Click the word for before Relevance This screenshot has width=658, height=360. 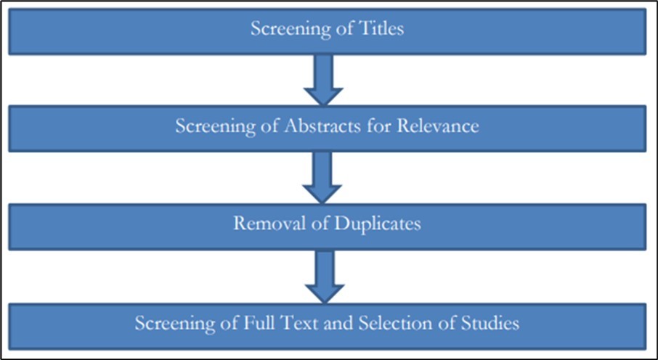pos(365,126)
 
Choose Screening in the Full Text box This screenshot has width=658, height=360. pos(172,323)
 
